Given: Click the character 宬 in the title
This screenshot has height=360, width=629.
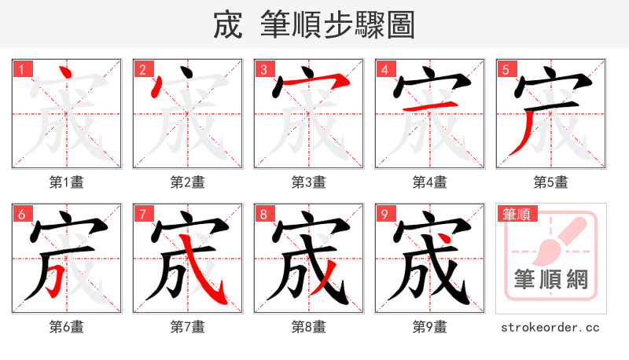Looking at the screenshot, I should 228,25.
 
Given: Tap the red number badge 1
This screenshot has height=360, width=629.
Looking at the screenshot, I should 21,69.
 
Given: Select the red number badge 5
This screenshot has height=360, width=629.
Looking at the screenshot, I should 506,69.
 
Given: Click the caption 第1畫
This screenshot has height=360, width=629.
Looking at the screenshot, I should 66,182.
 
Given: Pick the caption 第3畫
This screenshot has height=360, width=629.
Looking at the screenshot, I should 308,182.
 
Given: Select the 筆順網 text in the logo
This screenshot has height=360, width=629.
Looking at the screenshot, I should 551,279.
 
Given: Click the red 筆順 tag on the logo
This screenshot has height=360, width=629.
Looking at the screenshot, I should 516,214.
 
